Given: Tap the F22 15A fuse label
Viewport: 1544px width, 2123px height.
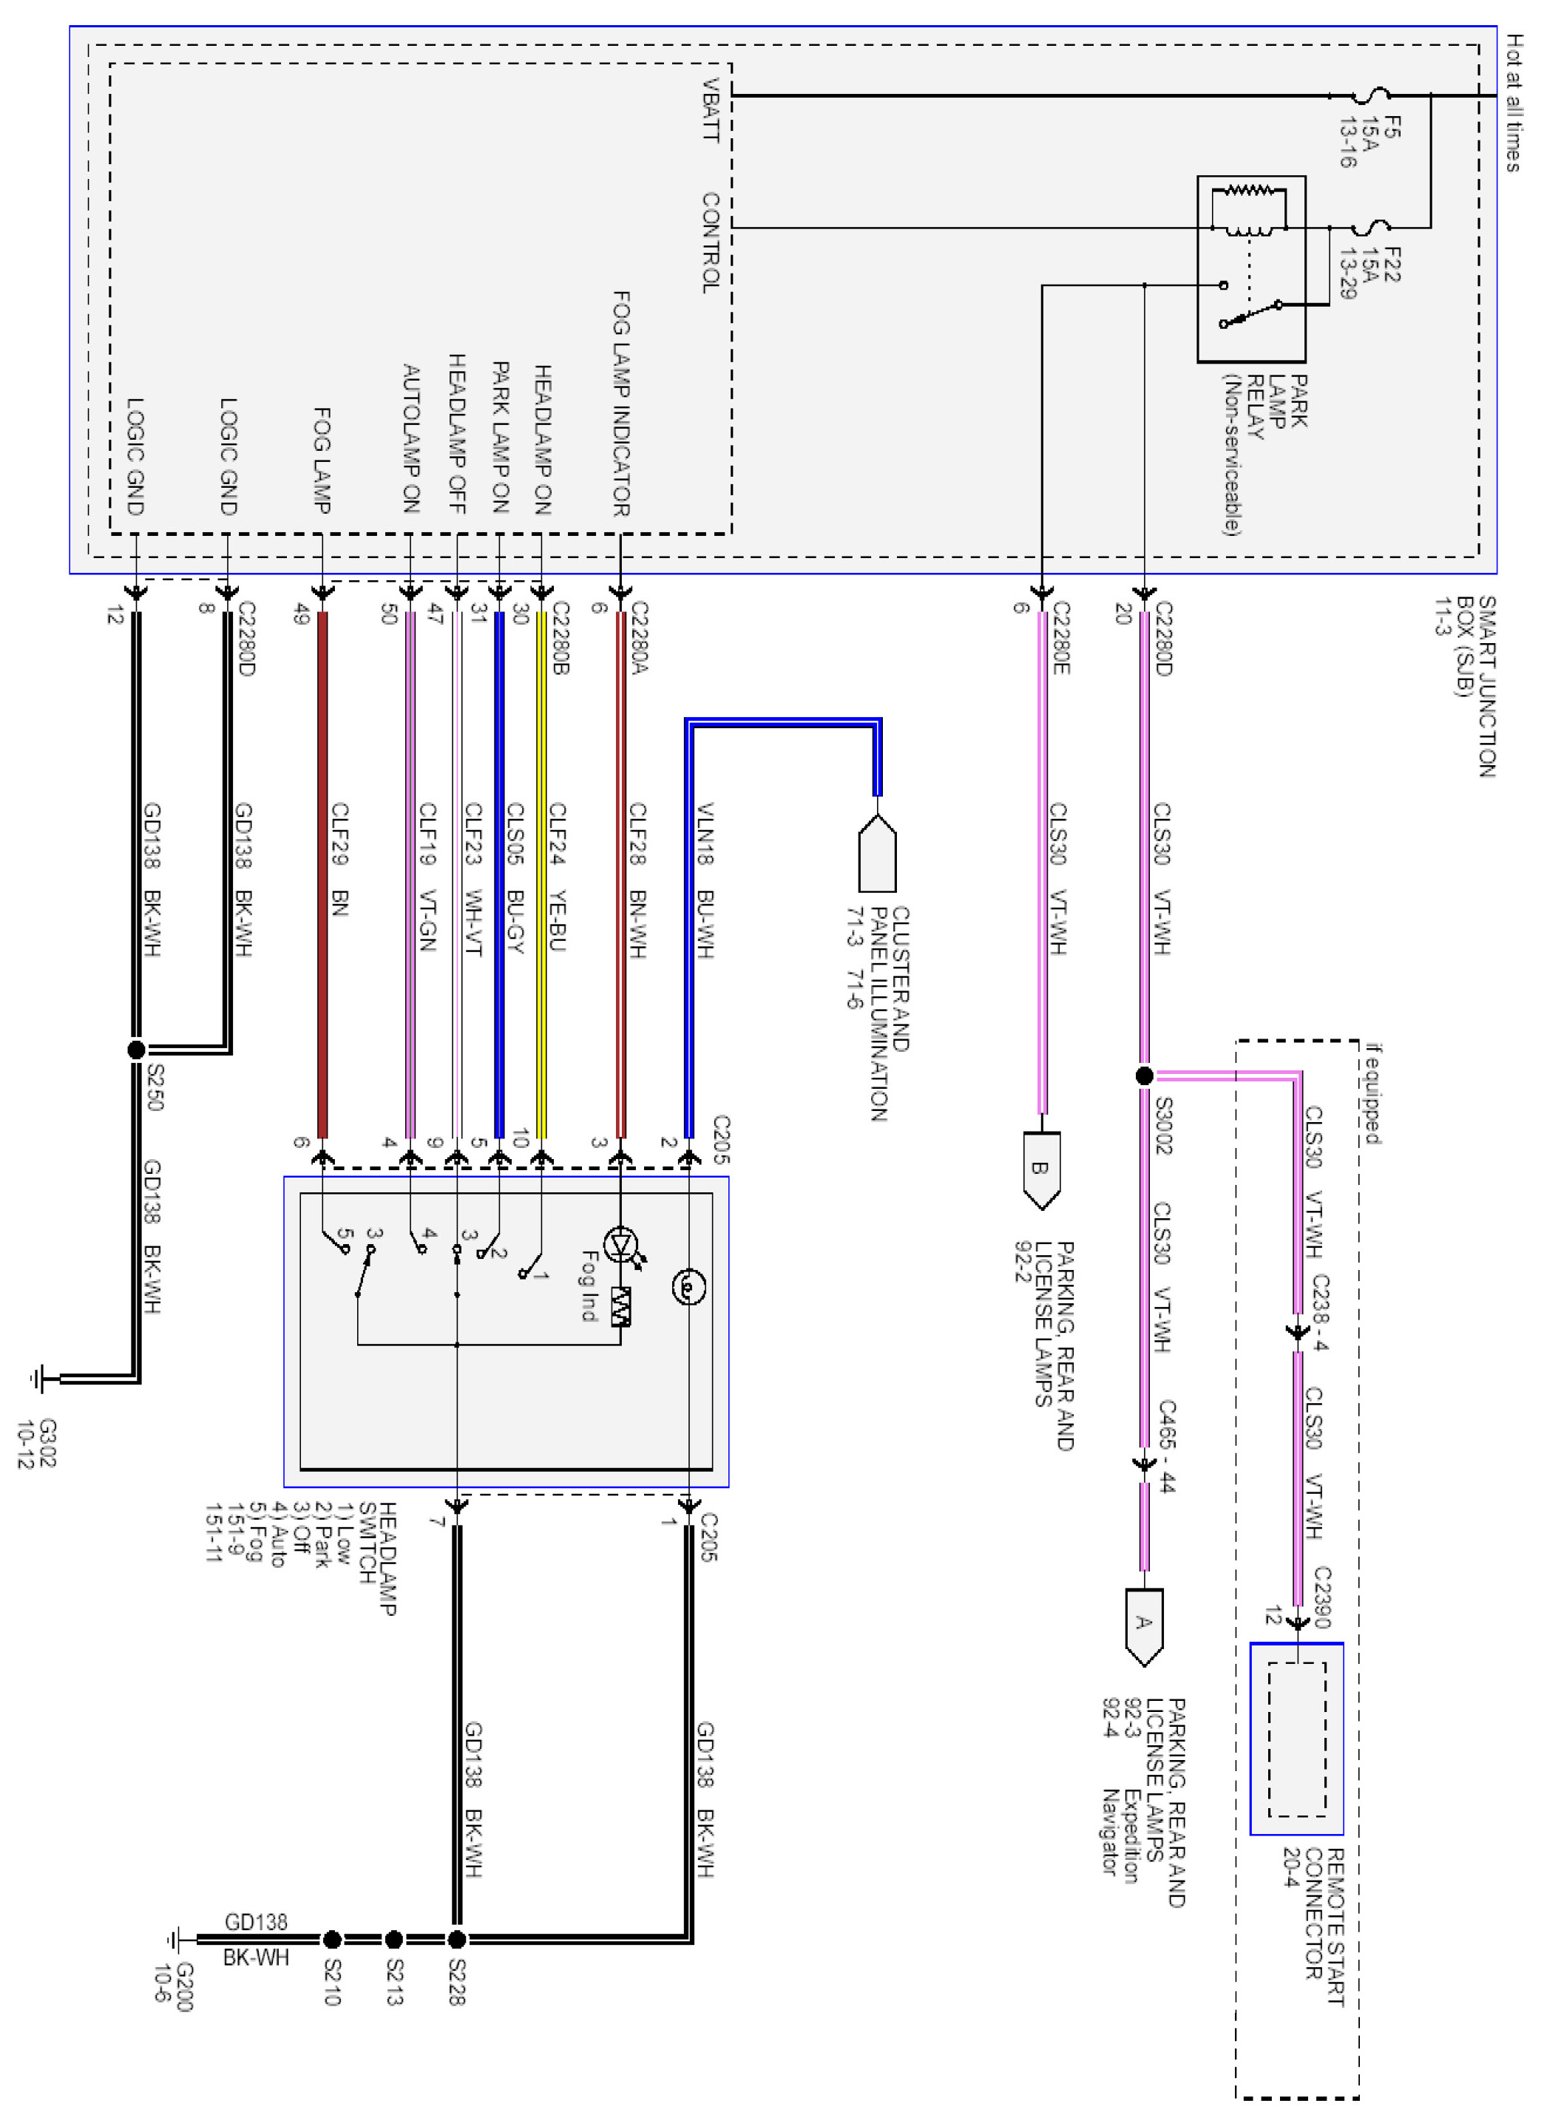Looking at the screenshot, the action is point(1369,272).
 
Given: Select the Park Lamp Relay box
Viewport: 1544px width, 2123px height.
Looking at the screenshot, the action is point(1251,268).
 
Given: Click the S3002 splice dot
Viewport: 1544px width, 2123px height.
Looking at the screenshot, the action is point(1143,1076).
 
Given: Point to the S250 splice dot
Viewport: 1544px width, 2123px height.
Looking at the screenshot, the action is point(136,1050).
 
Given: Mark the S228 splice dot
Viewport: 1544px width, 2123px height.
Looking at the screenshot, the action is point(457,1939).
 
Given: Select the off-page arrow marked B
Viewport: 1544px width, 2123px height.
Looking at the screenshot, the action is point(1041,1170).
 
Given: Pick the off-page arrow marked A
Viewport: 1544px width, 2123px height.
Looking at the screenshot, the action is point(1143,1627).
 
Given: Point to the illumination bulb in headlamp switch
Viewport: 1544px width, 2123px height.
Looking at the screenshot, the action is point(688,1288).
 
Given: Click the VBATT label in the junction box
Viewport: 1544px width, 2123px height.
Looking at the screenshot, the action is point(711,110).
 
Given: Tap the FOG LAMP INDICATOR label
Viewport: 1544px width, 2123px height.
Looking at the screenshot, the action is point(621,404).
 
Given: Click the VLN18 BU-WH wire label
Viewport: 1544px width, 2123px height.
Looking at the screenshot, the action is point(705,880).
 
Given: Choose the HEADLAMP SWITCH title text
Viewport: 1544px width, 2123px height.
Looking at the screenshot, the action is point(379,1558).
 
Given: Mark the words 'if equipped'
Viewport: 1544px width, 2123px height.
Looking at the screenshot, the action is point(1372,1093).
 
